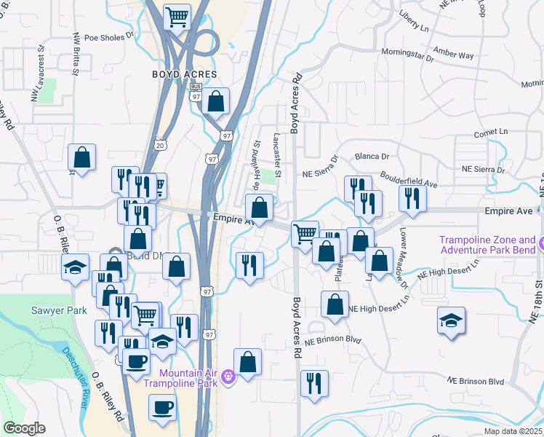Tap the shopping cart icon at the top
(177, 16)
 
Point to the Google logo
(24, 428)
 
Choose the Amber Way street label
(453, 54)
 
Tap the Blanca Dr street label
(372, 156)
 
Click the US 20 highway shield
(161, 146)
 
